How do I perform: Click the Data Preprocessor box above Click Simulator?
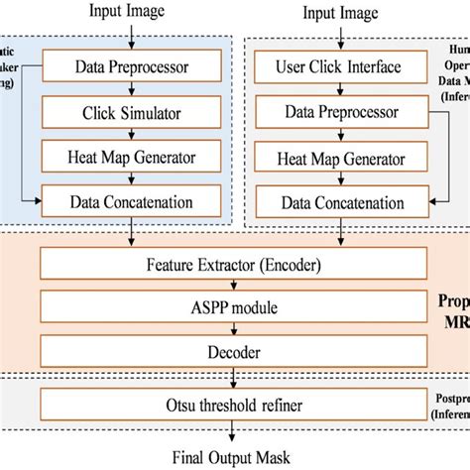tap(133, 67)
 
